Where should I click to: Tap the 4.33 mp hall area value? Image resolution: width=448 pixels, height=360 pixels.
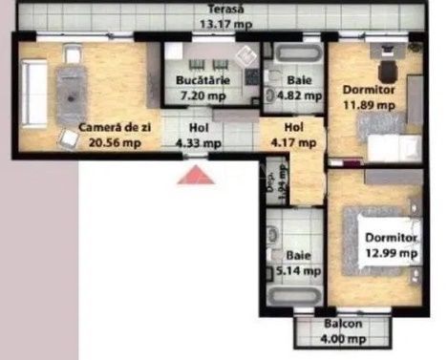(199, 143)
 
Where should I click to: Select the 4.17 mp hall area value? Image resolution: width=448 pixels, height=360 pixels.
(292, 143)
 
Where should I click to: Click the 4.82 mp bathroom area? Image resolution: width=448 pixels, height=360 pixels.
(292, 95)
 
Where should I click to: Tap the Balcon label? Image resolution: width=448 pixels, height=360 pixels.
(342, 324)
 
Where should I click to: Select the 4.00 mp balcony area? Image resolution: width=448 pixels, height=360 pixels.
(342, 337)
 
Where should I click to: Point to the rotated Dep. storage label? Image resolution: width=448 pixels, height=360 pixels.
(270, 178)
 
